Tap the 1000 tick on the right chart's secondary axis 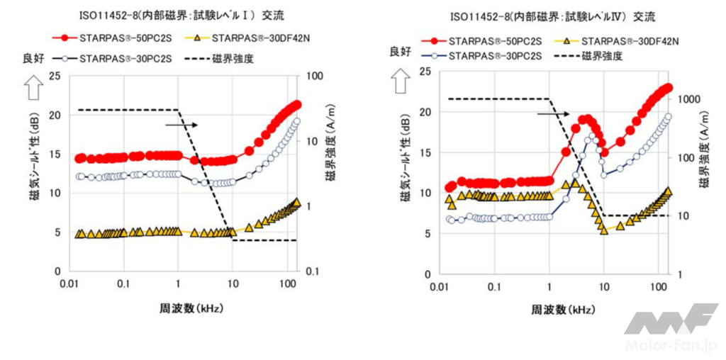coord(692,99)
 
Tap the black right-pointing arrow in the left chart coord(181,125)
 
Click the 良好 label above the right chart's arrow coord(401,51)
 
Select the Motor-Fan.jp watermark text coord(671,344)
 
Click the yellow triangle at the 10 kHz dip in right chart coord(604,230)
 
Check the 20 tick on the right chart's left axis coord(424,111)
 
